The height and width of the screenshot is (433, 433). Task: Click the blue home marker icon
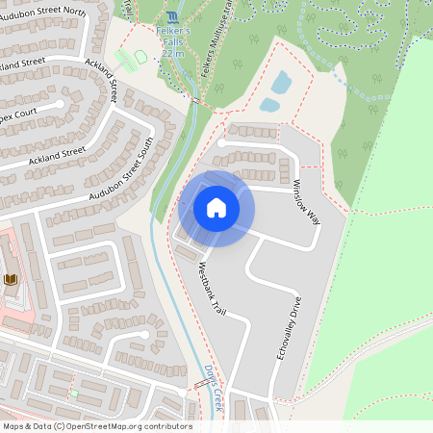click(x=216, y=207)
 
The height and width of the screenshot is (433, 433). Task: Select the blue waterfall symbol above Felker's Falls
click(x=172, y=18)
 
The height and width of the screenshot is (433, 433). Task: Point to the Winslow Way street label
click(x=306, y=201)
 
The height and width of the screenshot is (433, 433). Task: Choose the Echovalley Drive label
click(x=289, y=328)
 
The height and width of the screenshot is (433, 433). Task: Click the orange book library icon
click(x=11, y=279)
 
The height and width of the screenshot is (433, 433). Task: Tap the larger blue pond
click(x=281, y=83)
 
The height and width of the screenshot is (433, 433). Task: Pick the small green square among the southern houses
click(x=73, y=393)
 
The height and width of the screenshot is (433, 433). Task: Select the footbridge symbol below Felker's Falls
click(x=195, y=100)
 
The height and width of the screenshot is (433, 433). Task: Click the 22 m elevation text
click(x=173, y=53)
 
